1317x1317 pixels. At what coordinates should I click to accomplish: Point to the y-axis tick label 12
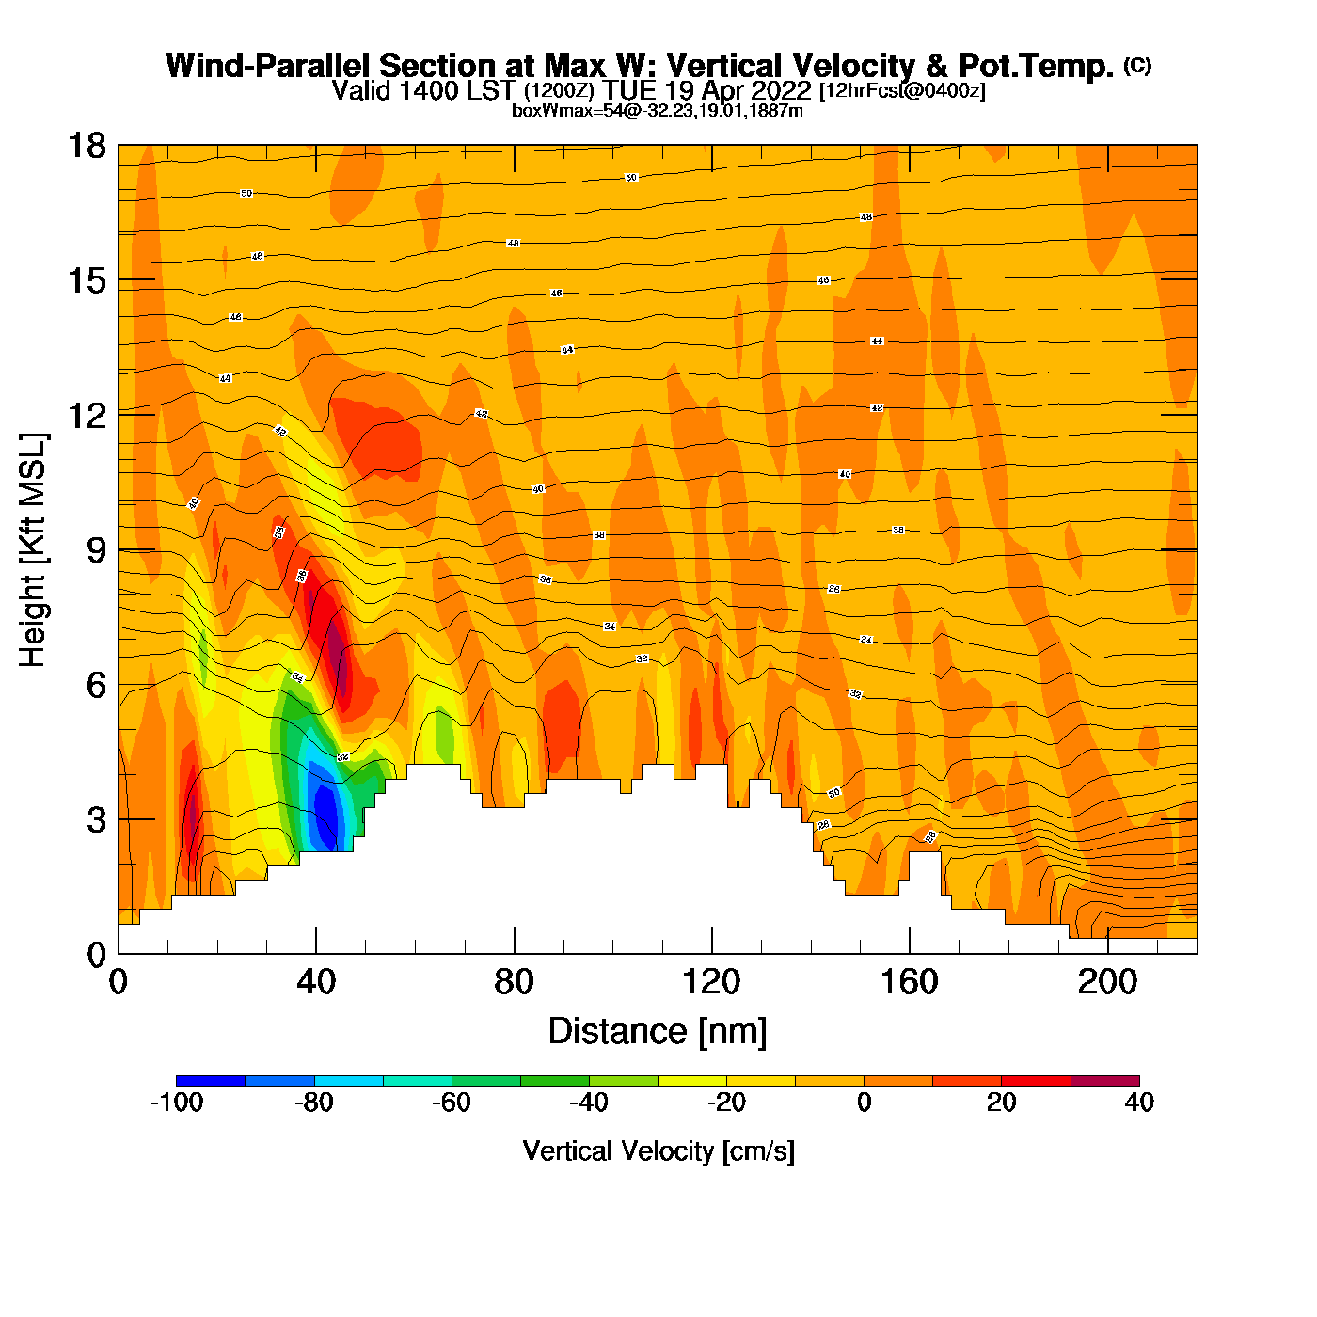click(87, 415)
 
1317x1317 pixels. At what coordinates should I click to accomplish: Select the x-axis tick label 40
click(316, 982)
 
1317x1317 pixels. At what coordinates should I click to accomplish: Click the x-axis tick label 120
click(712, 982)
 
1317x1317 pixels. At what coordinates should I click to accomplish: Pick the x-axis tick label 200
click(1107, 982)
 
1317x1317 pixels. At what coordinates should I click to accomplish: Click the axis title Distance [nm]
click(658, 1031)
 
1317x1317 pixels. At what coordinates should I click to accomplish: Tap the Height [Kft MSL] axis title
click(33, 550)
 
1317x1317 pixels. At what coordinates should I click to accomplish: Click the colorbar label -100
click(177, 1103)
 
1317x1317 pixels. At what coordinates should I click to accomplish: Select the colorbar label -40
click(589, 1103)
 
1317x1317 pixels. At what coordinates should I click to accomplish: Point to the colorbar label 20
click(1002, 1103)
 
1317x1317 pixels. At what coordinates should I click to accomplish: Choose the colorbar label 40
click(1139, 1103)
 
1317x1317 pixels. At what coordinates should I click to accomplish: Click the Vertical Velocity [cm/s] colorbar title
click(658, 1150)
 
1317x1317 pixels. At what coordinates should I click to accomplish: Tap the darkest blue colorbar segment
click(211, 1081)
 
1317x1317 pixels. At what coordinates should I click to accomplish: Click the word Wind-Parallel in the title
click(268, 66)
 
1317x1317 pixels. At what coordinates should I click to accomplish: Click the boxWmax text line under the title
click(658, 111)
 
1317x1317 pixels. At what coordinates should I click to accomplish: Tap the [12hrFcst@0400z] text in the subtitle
click(902, 91)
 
